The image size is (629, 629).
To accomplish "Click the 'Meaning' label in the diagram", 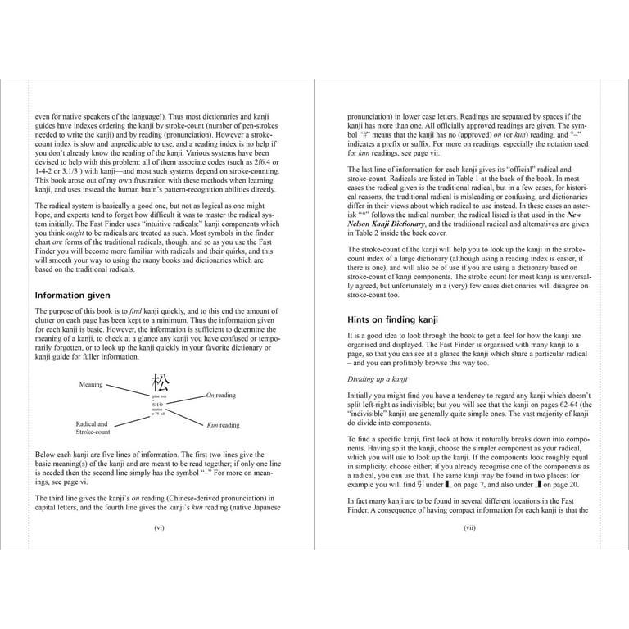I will [91, 383].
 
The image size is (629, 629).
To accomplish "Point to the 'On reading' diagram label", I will [221, 395].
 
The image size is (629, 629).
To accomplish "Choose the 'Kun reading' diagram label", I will [224, 425].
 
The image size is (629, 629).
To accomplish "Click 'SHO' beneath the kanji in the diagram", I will [157, 405].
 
